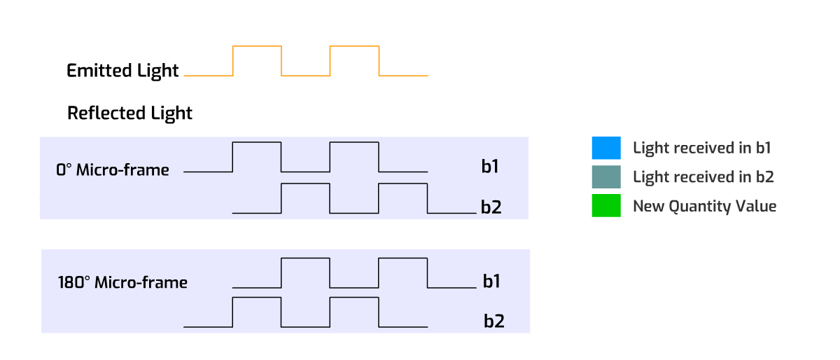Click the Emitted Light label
122,71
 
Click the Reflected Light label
129,113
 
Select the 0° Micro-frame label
113,170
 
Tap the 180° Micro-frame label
122,283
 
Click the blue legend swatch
605,148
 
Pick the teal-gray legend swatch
605,177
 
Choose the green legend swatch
605,206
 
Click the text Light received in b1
701,148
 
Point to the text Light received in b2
703,177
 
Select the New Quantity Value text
704,206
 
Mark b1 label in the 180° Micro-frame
491,282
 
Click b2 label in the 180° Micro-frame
494,321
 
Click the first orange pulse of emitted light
257,60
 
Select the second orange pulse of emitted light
354,60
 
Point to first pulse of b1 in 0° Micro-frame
257,156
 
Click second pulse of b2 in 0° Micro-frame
402,198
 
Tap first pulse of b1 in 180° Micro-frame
305,272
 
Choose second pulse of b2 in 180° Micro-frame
354,312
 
